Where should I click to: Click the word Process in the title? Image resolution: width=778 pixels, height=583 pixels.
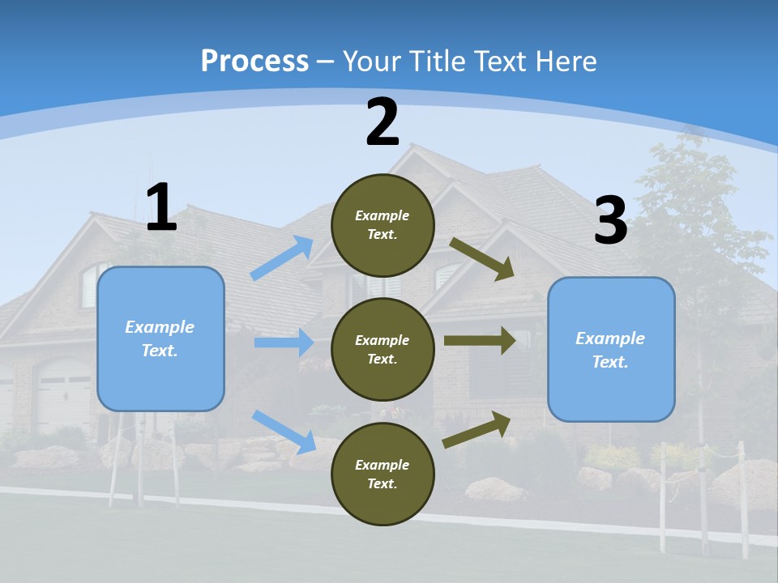[254, 61]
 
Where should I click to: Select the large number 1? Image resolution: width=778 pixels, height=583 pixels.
[161, 208]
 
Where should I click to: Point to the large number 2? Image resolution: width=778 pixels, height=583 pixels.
[383, 122]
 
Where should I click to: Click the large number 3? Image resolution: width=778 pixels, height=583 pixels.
[610, 221]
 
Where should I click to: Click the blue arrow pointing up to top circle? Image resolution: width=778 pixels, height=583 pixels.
[282, 258]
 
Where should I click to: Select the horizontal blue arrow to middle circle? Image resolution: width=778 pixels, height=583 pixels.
[284, 343]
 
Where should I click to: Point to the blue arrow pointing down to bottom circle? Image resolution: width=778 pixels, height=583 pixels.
[284, 431]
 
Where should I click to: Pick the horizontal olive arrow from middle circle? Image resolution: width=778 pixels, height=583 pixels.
[479, 340]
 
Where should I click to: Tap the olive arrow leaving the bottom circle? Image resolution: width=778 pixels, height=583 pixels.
[477, 429]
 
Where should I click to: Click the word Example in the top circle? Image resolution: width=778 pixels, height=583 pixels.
[382, 215]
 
